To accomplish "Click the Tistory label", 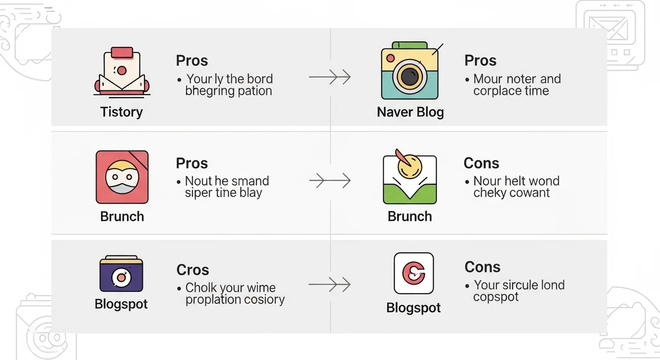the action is pyautogui.click(x=121, y=112).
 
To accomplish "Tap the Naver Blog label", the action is pyautogui.click(x=410, y=112).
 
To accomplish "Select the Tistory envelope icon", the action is pyautogui.click(x=122, y=72).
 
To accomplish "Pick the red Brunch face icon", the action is pyautogui.click(x=122, y=177).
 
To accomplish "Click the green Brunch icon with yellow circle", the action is pyautogui.click(x=409, y=177).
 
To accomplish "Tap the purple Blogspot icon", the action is pyautogui.click(x=121, y=274).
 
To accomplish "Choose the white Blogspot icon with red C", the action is pyautogui.click(x=414, y=273).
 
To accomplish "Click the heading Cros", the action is pyautogui.click(x=193, y=270).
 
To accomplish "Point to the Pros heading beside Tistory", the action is pyautogui.click(x=192, y=61).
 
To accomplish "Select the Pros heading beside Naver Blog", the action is pyautogui.click(x=480, y=61).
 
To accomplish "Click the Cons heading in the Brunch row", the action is pyautogui.click(x=481, y=163).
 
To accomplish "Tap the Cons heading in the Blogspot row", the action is pyautogui.click(x=482, y=267).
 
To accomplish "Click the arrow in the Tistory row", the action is pyautogui.click(x=329, y=77).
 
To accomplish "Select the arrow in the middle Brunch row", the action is pyautogui.click(x=329, y=181).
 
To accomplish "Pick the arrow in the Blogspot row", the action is pyautogui.click(x=329, y=285).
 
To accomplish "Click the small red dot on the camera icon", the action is pyautogui.click(x=390, y=58).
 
